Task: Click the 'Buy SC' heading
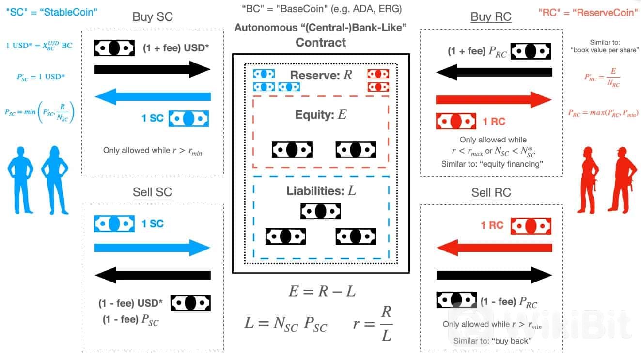pos(153,17)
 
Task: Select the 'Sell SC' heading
pos(152,192)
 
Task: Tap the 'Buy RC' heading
pos(491,17)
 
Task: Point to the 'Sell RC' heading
pos(491,192)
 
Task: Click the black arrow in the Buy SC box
pos(152,69)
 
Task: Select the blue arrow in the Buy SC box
pos(153,97)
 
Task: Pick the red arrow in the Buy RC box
pos(494,100)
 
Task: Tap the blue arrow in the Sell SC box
pos(152,248)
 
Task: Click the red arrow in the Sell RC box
pos(494,248)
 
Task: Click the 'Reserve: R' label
pos(321,75)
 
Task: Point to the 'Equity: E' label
pos(321,115)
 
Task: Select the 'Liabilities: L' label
pos(321,191)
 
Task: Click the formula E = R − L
pos(322,292)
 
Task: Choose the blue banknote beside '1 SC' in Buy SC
pos(188,119)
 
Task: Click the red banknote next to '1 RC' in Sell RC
pos(531,226)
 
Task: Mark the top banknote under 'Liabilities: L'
pos(321,211)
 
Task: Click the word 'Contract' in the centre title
pos(321,42)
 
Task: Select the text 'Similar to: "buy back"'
pos(492,341)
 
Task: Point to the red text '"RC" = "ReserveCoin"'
pos(588,13)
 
